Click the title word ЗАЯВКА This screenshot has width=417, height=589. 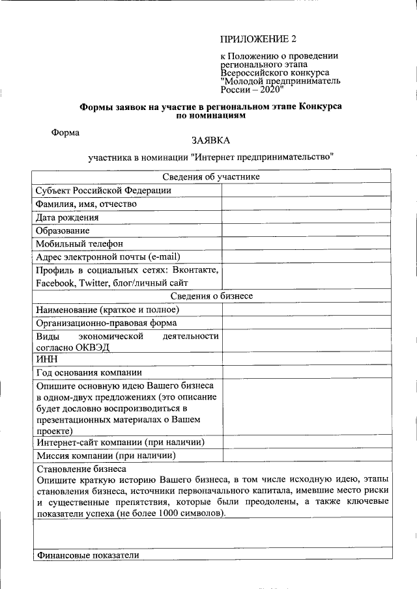click(210, 140)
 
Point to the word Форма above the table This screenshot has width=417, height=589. click(66, 132)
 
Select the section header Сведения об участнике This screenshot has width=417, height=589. click(211, 176)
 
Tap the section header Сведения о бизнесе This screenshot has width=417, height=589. click(211, 296)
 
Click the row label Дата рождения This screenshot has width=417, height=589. click(67, 217)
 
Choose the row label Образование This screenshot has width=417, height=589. click(63, 230)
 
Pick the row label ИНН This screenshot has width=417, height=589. click(47, 359)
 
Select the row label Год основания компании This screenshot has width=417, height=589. click(89, 372)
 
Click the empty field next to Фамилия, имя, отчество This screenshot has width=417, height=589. click(306, 204)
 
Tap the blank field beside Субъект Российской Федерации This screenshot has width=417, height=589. click(306, 190)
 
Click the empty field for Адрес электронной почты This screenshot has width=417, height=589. click(306, 256)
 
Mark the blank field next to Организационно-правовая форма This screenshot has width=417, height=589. click(306, 323)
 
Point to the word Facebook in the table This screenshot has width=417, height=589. click(56, 283)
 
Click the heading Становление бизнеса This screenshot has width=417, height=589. click(81, 468)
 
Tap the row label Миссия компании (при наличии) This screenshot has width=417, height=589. click(106, 455)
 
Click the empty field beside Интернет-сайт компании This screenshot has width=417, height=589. click(306, 442)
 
